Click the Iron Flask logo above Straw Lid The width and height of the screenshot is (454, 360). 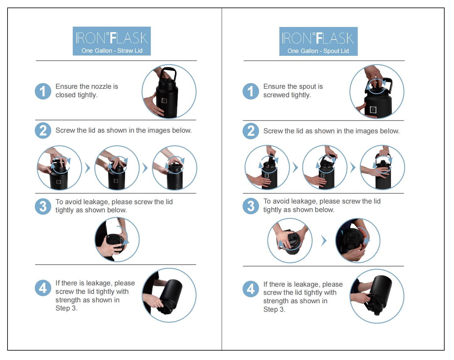click(x=112, y=38)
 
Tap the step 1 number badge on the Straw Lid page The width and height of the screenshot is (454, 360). click(x=43, y=91)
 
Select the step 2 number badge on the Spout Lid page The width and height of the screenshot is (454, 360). click(x=251, y=131)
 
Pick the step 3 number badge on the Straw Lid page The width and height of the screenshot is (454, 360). click(x=43, y=206)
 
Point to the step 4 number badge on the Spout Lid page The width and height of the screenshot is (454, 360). click(x=251, y=289)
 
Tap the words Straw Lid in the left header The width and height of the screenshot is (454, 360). click(x=130, y=51)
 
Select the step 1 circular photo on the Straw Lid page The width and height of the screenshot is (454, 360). click(x=169, y=91)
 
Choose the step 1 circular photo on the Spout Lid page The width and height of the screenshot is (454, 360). click(x=377, y=91)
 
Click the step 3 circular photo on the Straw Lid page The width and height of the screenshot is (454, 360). click(x=117, y=240)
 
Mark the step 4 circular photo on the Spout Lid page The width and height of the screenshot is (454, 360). click(x=377, y=296)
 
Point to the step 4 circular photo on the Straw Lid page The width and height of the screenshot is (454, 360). click(x=169, y=295)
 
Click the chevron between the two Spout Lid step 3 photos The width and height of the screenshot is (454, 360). click(x=324, y=241)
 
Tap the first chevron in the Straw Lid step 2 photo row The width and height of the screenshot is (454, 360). click(x=87, y=168)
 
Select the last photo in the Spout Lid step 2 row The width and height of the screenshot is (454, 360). click(x=383, y=167)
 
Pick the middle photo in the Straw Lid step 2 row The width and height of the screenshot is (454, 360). click(x=117, y=168)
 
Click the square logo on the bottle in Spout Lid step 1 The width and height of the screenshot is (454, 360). click(x=373, y=110)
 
